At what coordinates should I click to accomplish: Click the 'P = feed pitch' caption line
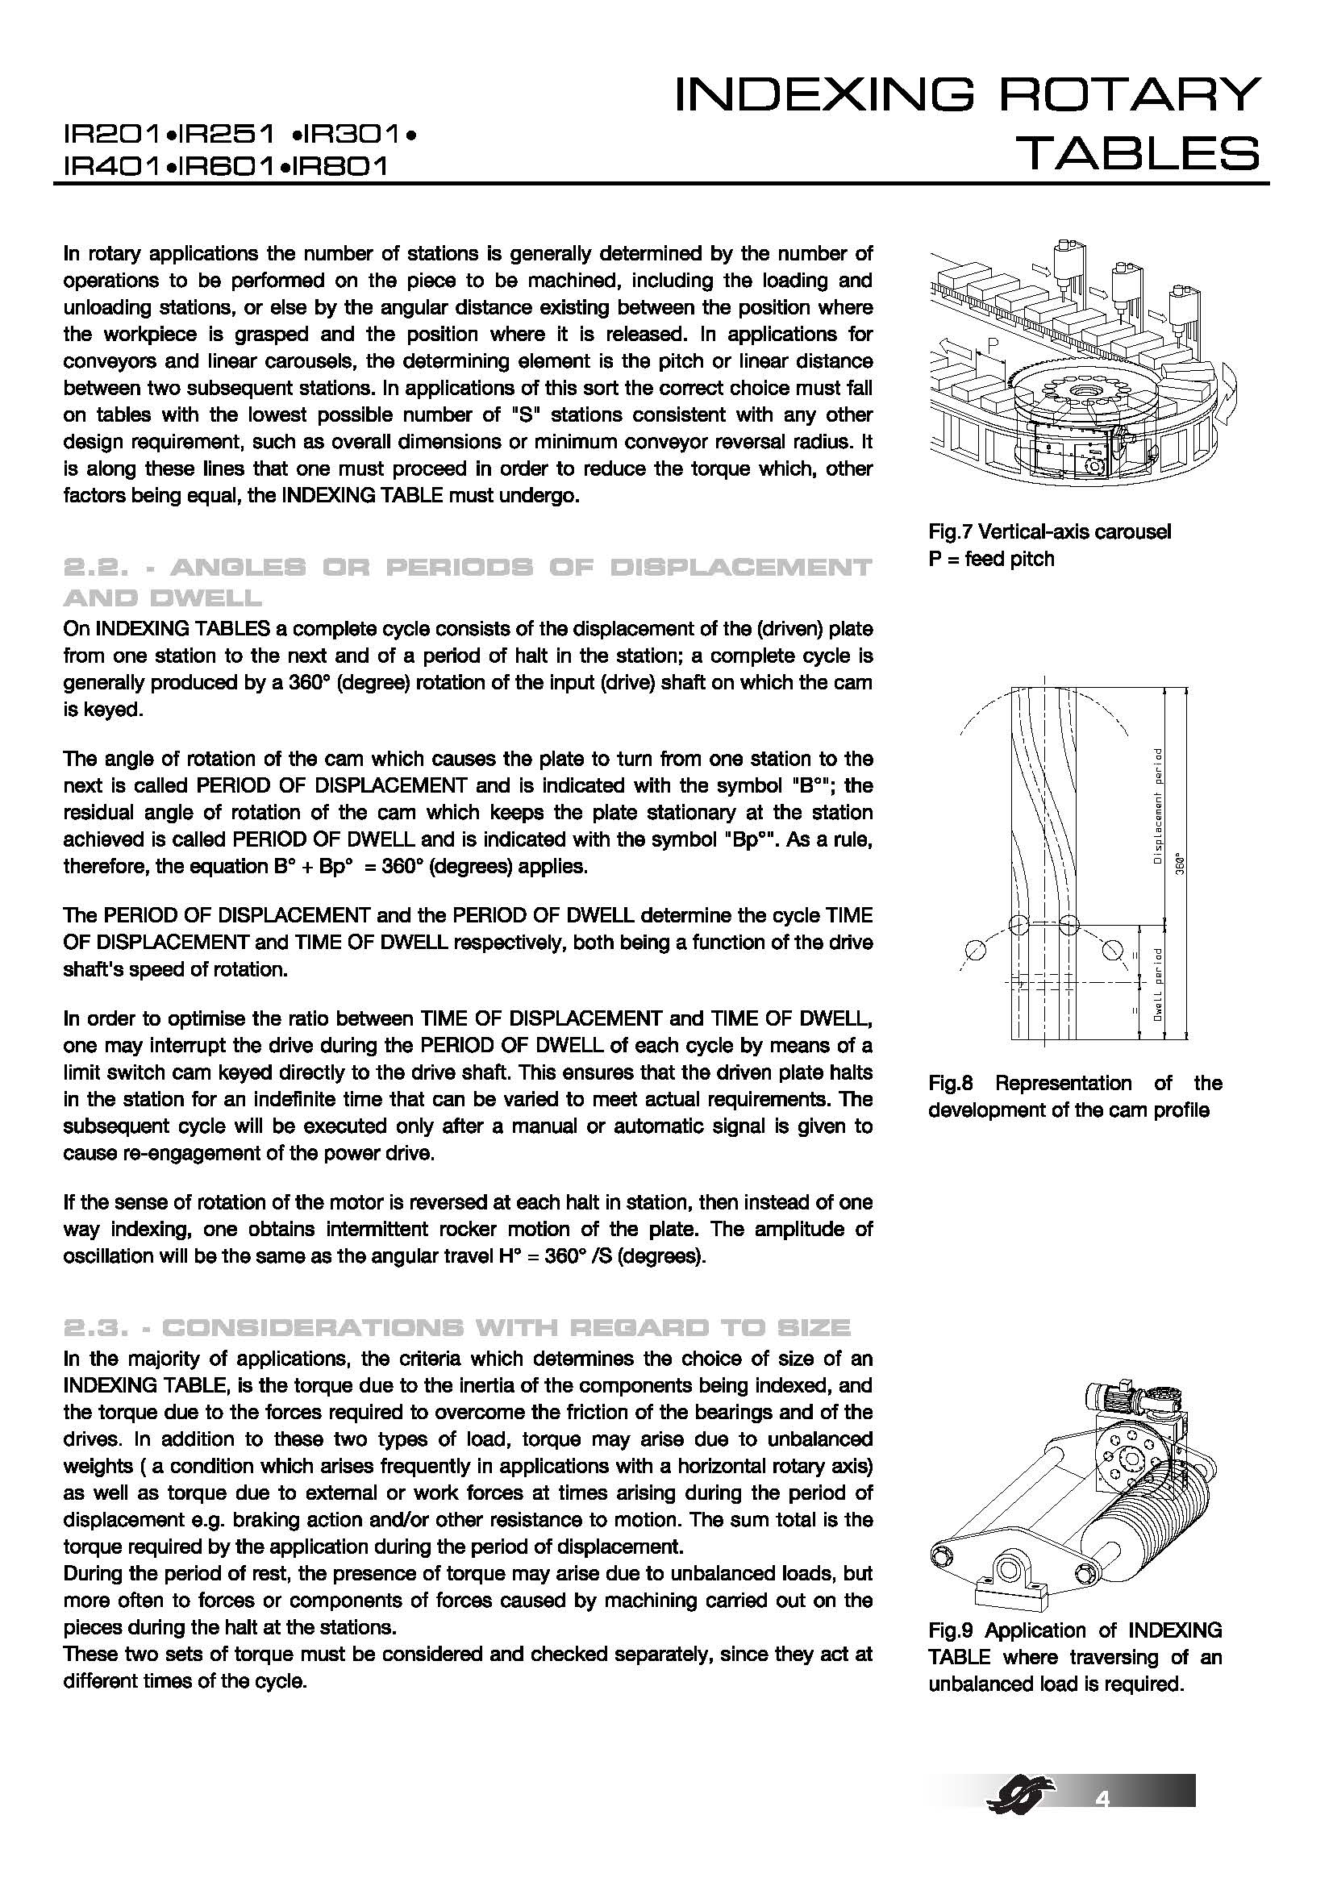[990, 559]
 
